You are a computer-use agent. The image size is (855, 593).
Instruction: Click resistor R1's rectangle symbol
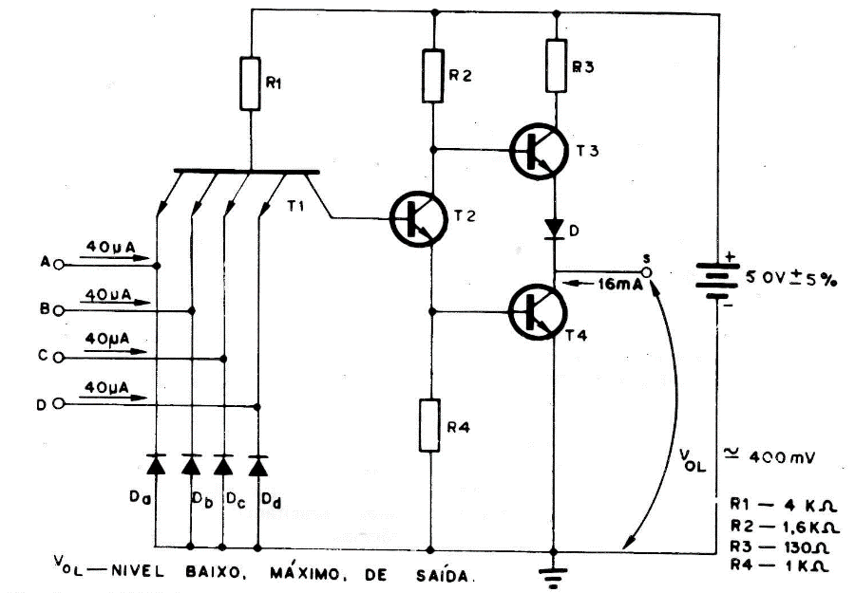click(249, 83)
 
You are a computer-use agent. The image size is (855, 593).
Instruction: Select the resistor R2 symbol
click(432, 74)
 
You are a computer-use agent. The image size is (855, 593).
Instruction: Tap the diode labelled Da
click(158, 464)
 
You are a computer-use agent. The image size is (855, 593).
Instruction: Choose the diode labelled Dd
click(257, 464)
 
